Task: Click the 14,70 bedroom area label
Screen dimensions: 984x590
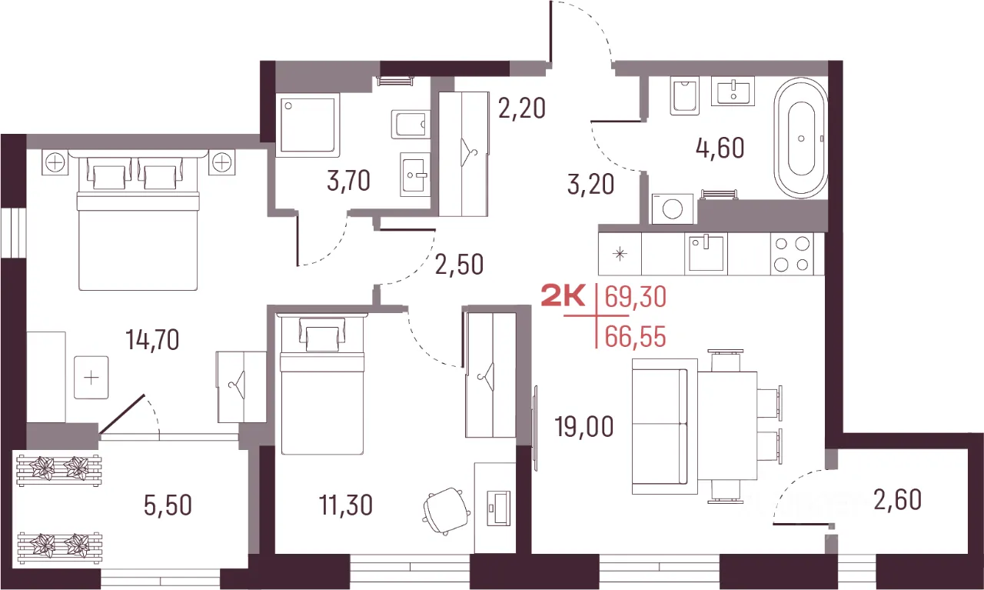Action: click(x=152, y=340)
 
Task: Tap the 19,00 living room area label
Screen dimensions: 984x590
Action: click(x=583, y=426)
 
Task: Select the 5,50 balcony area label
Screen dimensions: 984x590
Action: click(x=168, y=505)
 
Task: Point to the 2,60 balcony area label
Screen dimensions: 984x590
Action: click(x=897, y=500)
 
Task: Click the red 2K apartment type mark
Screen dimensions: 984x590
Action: click(x=563, y=295)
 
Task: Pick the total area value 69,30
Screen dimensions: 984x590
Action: click(x=636, y=297)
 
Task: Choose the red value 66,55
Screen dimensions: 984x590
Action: click(x=636, y=337)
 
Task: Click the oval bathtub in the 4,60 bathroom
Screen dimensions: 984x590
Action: click(x=801, y=138)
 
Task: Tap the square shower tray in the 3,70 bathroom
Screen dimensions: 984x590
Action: click(x=307, y=125)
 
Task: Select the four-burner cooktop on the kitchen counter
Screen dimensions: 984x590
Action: click(x=792, y=254)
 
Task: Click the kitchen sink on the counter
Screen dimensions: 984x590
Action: click(x=706, y=254)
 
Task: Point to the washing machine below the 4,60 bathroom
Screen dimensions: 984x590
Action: click(x=673, y=208)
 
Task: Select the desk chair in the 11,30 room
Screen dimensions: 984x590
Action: click(x=447, y=511)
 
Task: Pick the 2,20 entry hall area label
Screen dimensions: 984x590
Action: click(x=522, y=108)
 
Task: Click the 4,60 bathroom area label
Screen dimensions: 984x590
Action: click(x=720, y=148)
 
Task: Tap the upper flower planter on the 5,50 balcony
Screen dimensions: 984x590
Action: click(x=59, y=471)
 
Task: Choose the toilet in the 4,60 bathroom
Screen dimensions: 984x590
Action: click(x=685, y=96)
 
